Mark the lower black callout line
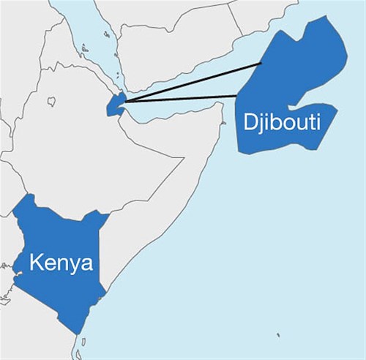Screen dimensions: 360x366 pos(183,98)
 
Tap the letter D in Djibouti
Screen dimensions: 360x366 pos(250,121)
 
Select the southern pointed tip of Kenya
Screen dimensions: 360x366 pos(79,333)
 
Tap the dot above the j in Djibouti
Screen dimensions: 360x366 pos(261,113)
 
